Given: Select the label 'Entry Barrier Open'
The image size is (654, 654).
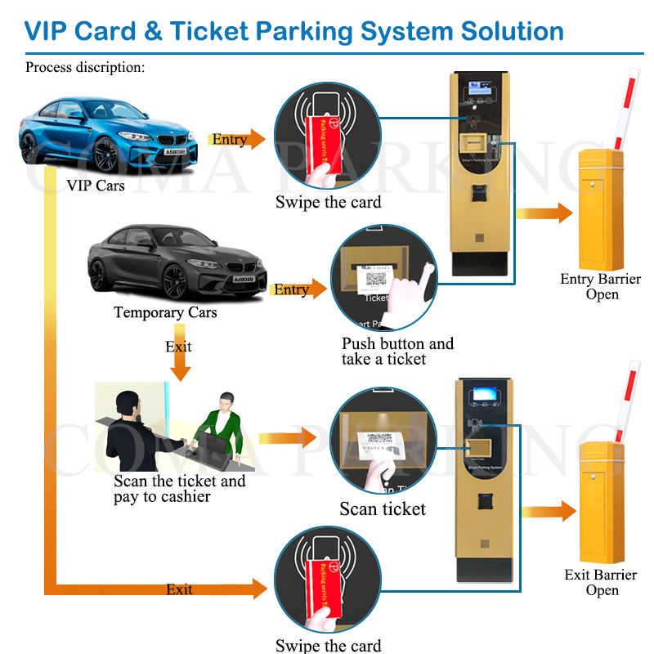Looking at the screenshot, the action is (x=601, y=286).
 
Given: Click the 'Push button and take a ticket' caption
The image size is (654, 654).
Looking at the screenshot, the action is (x=397, y=352).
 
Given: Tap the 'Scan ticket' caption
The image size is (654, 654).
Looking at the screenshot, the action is (x=383, y=509).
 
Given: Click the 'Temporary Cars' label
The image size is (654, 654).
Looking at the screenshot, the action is (x=165, y=312).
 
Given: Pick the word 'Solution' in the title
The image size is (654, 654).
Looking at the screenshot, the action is (x=499, y=32).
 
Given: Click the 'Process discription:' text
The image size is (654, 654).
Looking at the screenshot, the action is (x=85, y=67).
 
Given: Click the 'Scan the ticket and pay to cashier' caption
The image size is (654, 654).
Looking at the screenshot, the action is (x=179, y=488).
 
